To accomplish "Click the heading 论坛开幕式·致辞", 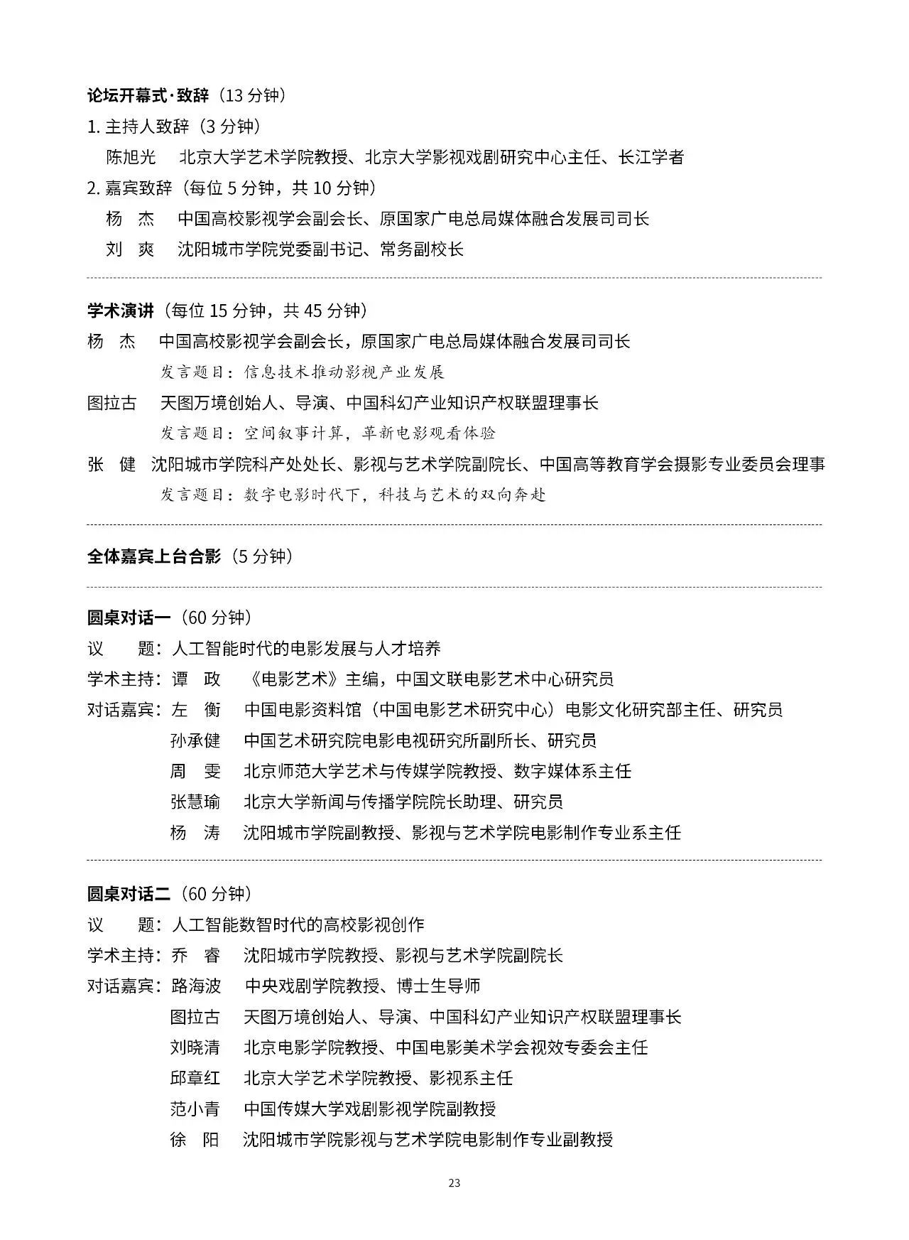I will click(x=148, y=95).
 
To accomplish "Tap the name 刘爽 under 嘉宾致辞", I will click(x=130, y=249).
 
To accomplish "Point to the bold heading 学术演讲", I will click(x=120, y=311).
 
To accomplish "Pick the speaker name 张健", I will click(x=111, y=464).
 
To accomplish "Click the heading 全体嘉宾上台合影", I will click(x=154, y=556).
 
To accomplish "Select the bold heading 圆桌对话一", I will click(x=129, y=618).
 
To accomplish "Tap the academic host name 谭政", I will click(x=196, y=679).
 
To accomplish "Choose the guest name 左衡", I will click(x=196, y=709).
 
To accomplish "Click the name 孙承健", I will click(x=195, y=740).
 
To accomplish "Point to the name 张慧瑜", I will click(x=195, y=802).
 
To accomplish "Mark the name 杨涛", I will click(x=195, y=832).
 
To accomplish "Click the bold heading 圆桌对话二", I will click(x=129, y=893).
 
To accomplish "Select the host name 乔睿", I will click(x=196, y=955).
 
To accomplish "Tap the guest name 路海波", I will click(x=196, y=986).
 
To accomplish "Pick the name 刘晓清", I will click(x=195, y=1047).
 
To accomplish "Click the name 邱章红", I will click(x=195, y=1078).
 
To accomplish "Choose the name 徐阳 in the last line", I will click(x=195, y=1139).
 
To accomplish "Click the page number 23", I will click(x=454, y=1183).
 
